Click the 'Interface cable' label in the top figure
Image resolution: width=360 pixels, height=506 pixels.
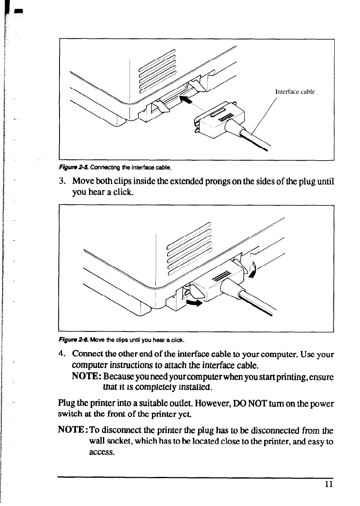[295, 92]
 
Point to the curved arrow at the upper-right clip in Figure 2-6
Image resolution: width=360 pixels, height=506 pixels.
[253, 270]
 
